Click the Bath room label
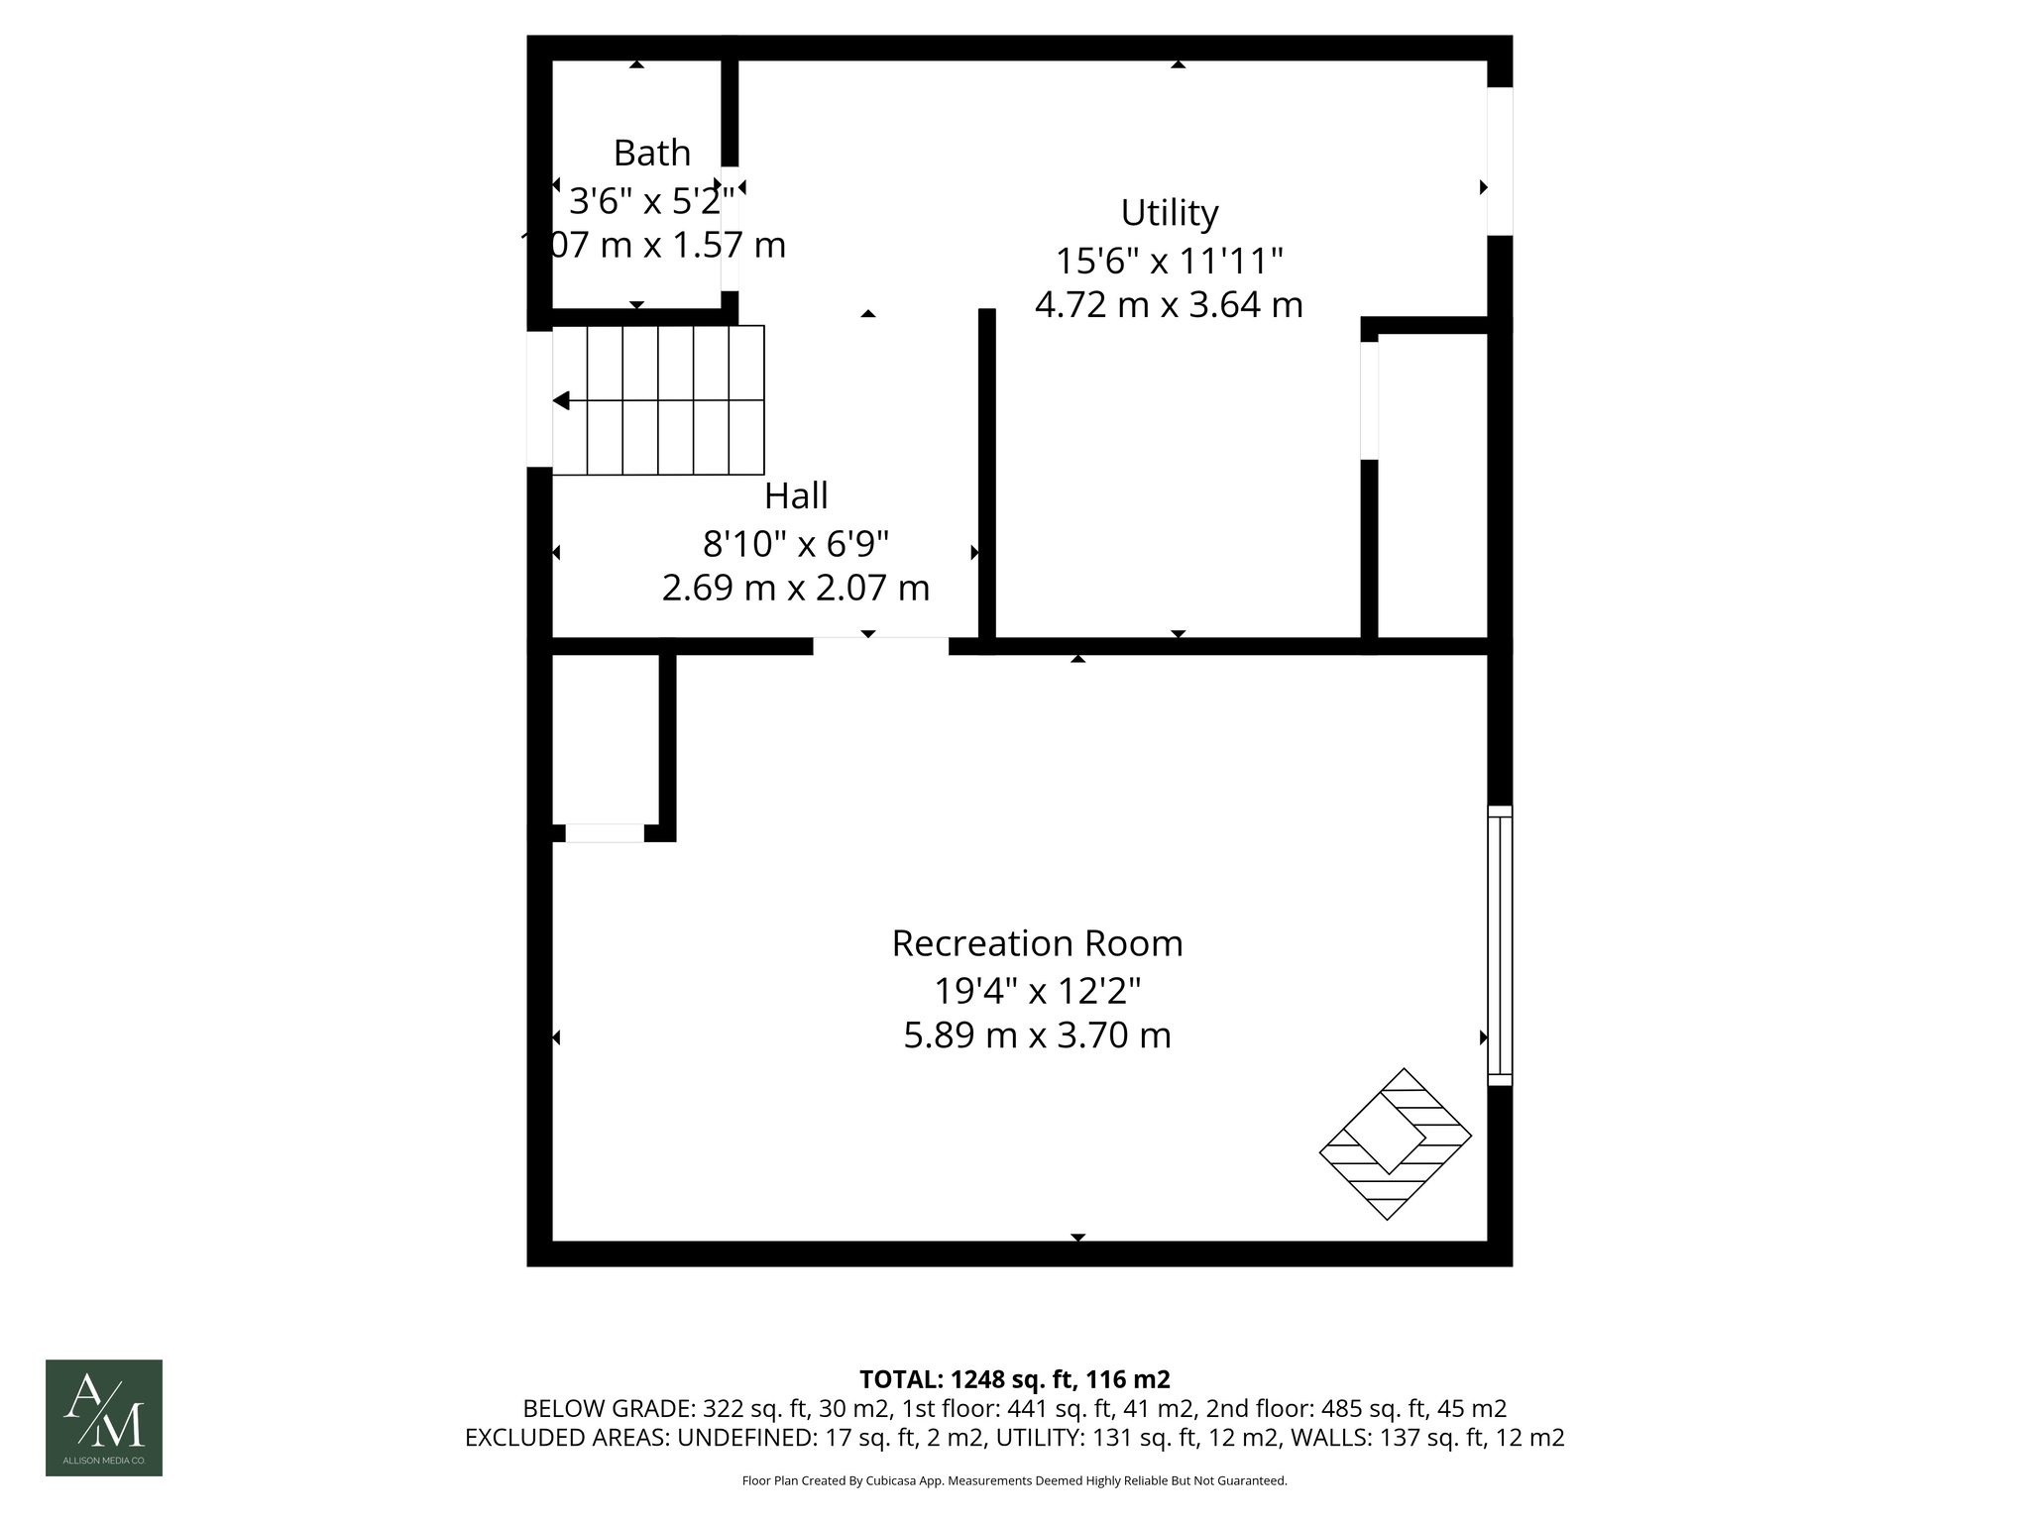click(x=651, y=154)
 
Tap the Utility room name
click(x=1169, y=213)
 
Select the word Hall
click(x=796, y=496)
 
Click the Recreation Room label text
click(x=1037, y=943)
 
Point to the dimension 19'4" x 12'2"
click(x=1037, y=990)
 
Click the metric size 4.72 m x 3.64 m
click(x=1169, y=304)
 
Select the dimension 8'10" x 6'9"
click(x=796, y=543)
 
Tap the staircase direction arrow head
click(x=561, y=400)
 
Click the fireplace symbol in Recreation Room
click(x=1395, y=1143)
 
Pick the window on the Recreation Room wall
click(x=1500, y=944)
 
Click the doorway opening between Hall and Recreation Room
click(x=880, y=646)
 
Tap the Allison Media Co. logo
click(x=104, y=1417)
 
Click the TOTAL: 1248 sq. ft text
click(x=1014, y=1379)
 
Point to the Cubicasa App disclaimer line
click(x=1014, y=1480)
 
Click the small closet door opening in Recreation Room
click(x=604, y=833)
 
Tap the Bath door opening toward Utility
click(x=730, y=228)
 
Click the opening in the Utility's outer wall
click(x=1500, y=162)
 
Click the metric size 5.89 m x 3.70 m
click(x=1037, y=1035)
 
